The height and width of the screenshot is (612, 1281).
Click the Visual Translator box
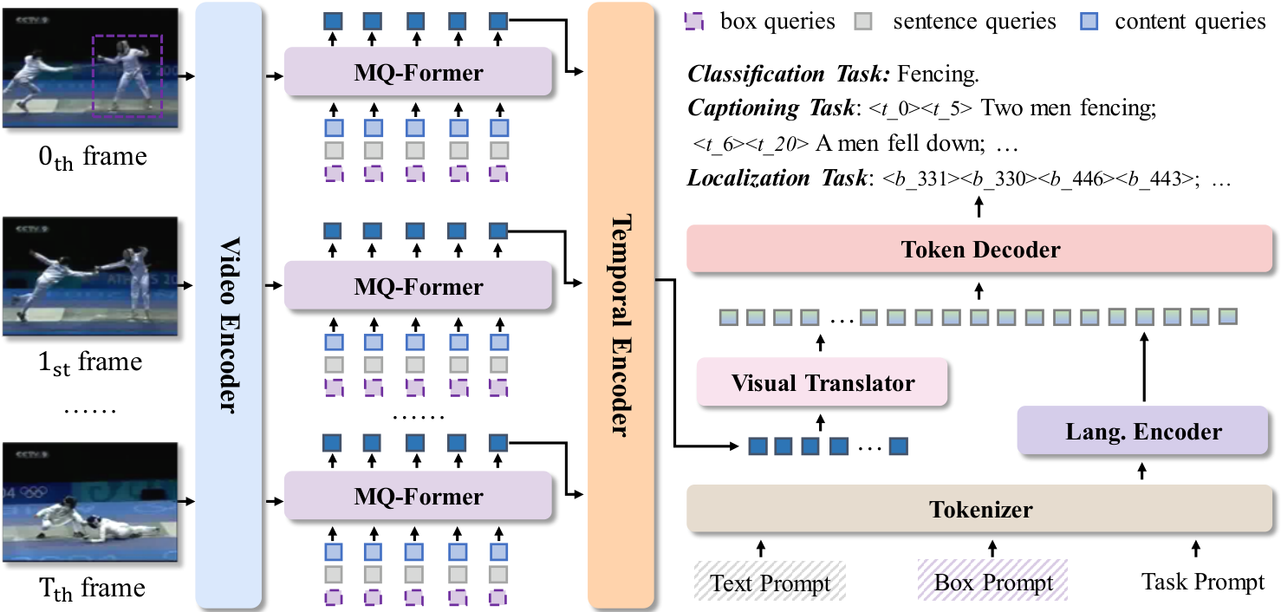pos(823,382)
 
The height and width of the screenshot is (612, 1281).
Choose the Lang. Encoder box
pos(1141,431)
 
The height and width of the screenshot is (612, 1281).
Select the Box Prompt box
pos(992,581)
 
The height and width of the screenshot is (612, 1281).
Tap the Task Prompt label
pos(1202,581)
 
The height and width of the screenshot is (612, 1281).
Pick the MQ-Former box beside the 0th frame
pos(418,72)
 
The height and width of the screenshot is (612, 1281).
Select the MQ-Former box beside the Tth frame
pos(418,496)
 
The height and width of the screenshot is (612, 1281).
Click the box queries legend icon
pos(698,21)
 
